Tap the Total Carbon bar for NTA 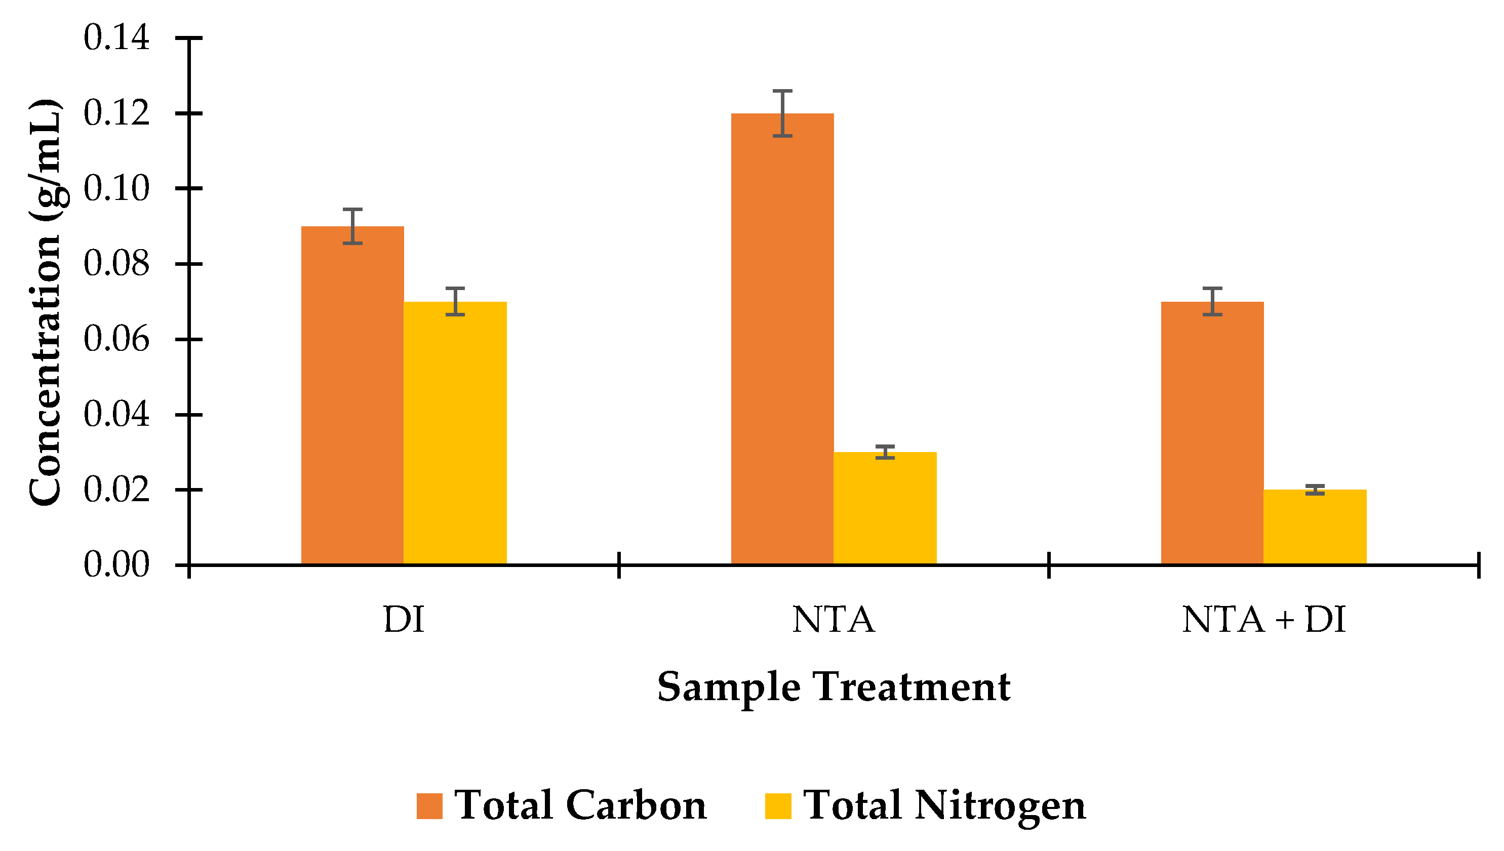(x=782, y=339)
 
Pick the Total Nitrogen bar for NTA (x=885, y=508)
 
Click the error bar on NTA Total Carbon (x=782, y=113)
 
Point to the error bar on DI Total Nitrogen (x=455, y=302)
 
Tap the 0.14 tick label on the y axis (x=116, y=38)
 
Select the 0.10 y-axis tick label (x=116, y=189)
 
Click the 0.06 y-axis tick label (x=116, y=340)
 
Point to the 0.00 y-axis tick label (x=116, y=565)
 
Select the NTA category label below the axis (x=833, y=620)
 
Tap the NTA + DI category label (x=1263, y=620)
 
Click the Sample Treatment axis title (x=833, y=687)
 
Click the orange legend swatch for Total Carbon (x=429, y=806)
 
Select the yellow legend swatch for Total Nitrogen (x=777, y=806)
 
